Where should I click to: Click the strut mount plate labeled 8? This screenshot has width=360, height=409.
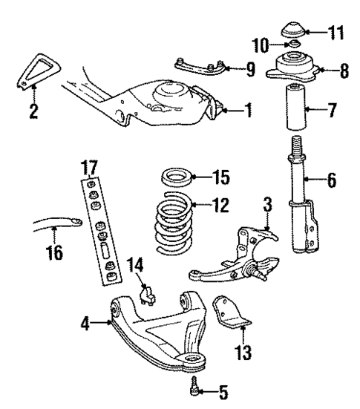[295, 71]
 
